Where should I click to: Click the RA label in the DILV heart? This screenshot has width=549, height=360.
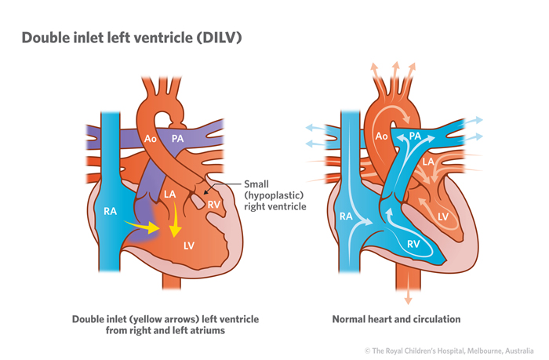pyautogui.click(x=110, y=210)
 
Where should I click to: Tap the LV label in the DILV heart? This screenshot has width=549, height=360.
pyautogui.click(x=189, y=245)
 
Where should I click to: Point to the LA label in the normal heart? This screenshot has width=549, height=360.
pyautogui.click(x=428, y=162)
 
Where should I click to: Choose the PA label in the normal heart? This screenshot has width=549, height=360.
pyautogui.click(x=416, y=136)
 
